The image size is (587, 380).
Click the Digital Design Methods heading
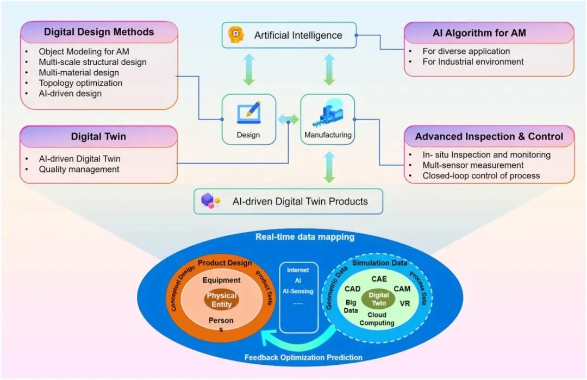click(98, 32)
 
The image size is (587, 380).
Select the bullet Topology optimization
click(80, 83)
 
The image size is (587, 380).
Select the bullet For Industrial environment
click(473, 61)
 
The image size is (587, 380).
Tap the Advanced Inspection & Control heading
click(489, 136)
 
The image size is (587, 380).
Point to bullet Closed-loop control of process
click(481, 175)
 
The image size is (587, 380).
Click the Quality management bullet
click(79, 169)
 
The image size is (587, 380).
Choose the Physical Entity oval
click(221, 300)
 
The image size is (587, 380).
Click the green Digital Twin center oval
click(378, 299)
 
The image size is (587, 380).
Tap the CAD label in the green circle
click(352, 289)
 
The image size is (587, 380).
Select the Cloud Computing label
click(377, 319)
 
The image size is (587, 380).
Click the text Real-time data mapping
click(304, 237)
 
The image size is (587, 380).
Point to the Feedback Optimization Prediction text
click(303, 357)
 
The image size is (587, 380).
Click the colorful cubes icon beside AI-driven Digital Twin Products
click(210, 201)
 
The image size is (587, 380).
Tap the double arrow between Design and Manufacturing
click(288, 119)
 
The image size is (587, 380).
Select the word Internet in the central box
click(298, 270)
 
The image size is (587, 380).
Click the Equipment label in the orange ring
click(221, 281)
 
